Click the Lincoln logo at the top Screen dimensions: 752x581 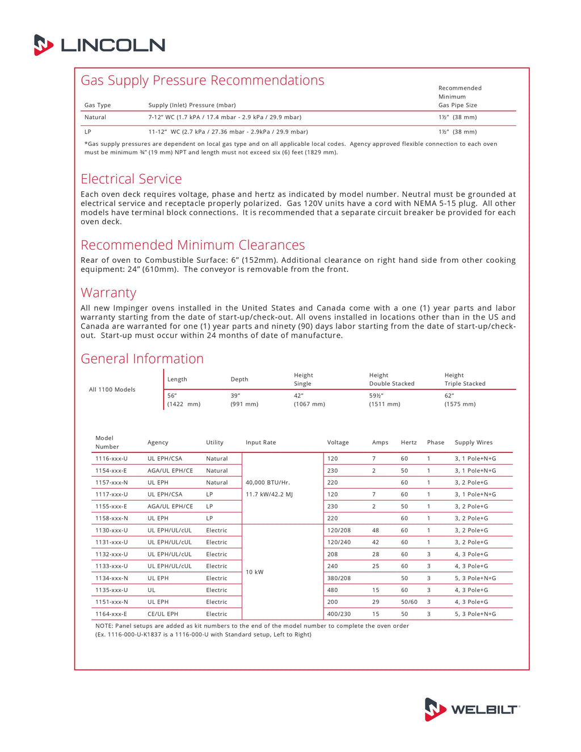[100, 45]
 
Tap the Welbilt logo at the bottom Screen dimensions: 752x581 [472, 709]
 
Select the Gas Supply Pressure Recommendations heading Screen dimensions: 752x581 [202, 81]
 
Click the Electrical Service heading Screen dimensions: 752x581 [131, 179]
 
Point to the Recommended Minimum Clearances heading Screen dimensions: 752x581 [192, 245]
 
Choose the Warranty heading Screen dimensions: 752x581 [108, 293]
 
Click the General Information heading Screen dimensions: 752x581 [142, 359]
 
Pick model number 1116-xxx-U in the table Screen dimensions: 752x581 [111, 459]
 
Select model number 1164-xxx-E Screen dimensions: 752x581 [111, 614]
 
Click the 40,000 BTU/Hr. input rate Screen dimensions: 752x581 [268, 482]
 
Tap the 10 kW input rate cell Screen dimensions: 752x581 [255, 572]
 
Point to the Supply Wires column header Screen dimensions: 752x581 [474, 443]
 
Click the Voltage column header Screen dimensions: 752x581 [338, 443]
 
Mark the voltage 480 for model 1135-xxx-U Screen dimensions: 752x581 [332, 590]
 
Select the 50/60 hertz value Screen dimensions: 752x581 [409, 602]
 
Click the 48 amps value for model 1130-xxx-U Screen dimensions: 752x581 [376, 531]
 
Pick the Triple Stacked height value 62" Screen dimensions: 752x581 [449, 396]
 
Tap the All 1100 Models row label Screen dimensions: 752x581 [112, 390]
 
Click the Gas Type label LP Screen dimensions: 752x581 [88, 132]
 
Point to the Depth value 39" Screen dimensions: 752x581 [235, 396]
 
